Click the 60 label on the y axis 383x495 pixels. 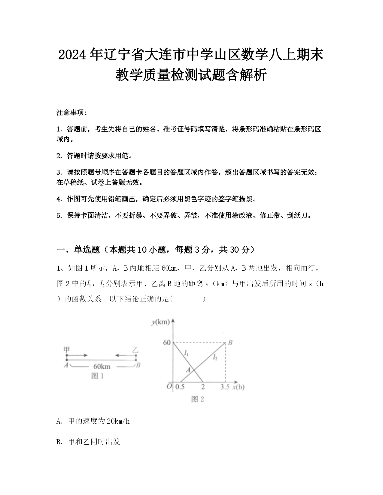click(167, 343)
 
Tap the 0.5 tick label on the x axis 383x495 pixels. click(180, 387)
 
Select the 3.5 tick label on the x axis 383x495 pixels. click(225, 387)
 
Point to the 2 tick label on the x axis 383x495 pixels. click(203, 387)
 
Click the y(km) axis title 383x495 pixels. click(161, 322)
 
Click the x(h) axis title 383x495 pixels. click(238, 387)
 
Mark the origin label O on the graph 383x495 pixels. click(169, 386)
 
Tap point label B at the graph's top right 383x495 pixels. click(230, 343)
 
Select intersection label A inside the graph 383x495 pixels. click(188, 370)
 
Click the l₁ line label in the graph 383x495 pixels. click(186, 353)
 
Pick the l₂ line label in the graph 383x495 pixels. click(215, 357)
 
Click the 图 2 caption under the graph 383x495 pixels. click(198, 399)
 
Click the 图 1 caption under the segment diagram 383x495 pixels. click(97, 376)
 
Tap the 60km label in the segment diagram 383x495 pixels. click(102, 366)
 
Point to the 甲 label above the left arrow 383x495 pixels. click(67, 349)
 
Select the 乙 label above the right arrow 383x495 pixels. click(135, 350)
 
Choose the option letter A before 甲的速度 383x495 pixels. click(59, 421)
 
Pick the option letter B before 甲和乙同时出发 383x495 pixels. click(59, 442)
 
